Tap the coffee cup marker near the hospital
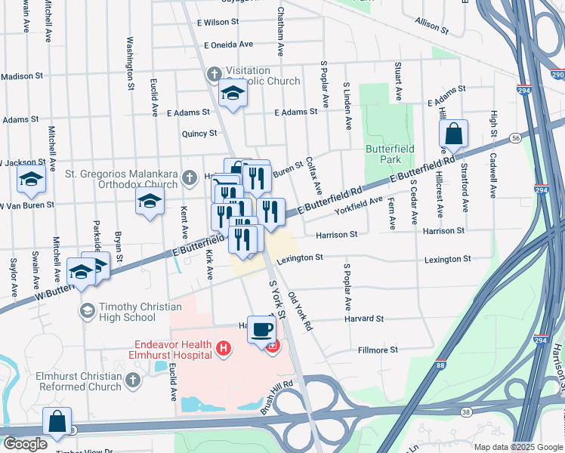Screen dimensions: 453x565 tap(261, 329)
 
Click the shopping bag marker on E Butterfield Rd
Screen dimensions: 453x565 tap(453, 135)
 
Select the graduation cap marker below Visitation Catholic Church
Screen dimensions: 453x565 tap(233, 94)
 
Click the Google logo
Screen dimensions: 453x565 tap(25, 444)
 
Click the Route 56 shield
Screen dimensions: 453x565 tap(515, 138)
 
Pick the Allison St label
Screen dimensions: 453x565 tap(432, 26)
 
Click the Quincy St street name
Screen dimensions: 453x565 tap(199, 133)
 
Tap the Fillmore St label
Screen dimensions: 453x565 tap(378, 350)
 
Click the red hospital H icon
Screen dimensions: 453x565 tap(223, 348)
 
